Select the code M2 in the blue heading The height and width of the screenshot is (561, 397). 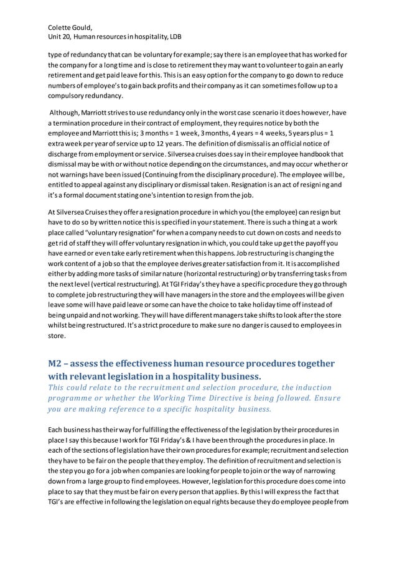pos(56,364)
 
